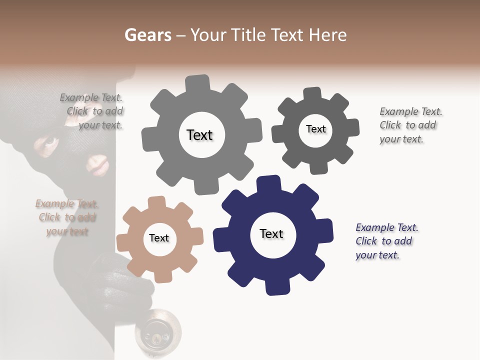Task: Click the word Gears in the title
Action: point(147,35)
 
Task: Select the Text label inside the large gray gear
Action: point(199,135)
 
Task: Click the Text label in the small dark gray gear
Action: point(315,129)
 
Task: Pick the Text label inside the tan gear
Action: point(159,238)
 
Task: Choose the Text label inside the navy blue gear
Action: point(271,233)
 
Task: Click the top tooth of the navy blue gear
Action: point(268,183)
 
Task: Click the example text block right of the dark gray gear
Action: point(409,125)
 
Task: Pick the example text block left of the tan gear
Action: point(67,217)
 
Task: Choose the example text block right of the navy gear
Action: point(386,241)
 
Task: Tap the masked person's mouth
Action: point(97,164)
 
